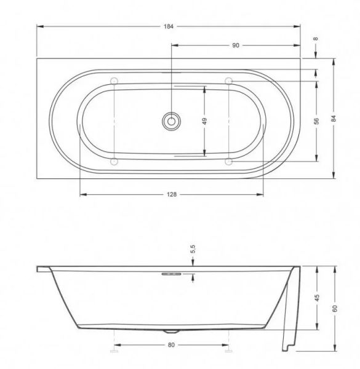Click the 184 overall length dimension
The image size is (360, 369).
(169, 26)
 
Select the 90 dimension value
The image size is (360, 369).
(236, 46)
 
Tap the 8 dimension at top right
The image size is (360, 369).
(316, 39)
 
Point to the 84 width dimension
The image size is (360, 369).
(334, 118)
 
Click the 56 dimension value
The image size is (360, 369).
(317, 121)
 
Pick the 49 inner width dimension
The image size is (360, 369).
(204, 121)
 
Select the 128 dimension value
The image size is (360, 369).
(172, 194)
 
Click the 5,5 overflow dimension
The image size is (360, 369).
(193, 249)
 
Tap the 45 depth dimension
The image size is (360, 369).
(317, 298)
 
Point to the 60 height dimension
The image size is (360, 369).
(335, 309)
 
